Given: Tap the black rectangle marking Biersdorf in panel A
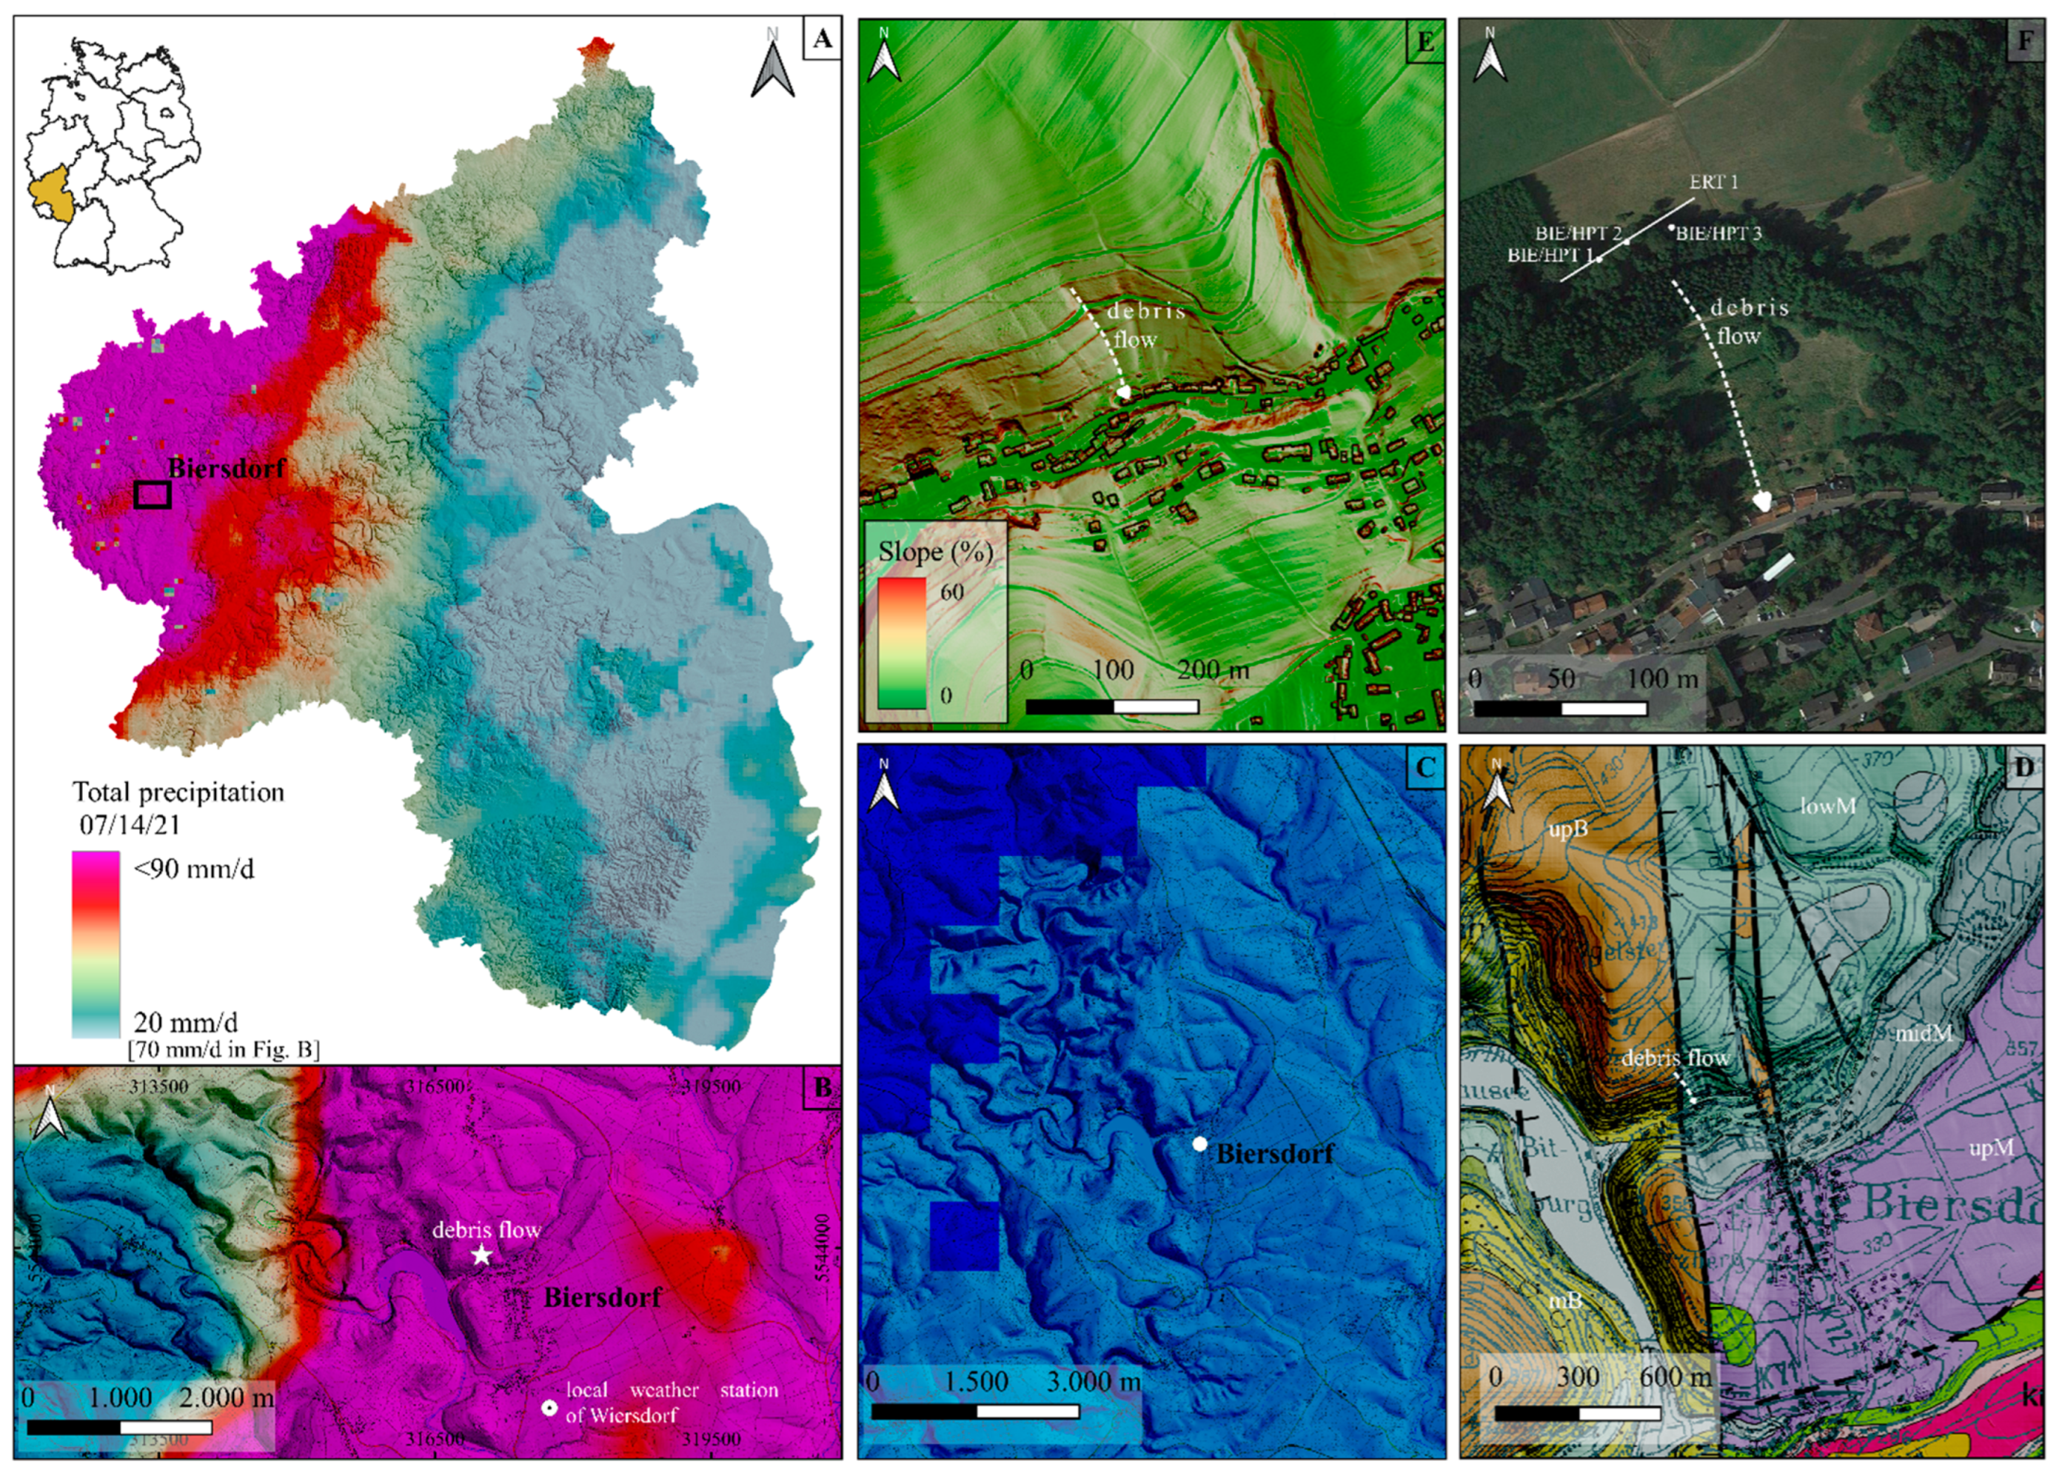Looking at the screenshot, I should [x=153, y=494].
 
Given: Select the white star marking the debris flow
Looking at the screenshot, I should [x=481, y=1255].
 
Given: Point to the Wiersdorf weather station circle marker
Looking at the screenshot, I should [x=549, y=1408].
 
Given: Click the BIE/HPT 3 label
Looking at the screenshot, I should [x=1718, y=233].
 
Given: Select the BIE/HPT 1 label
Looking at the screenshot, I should [x=1550, y=255].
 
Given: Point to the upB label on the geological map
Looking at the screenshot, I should [x=1568, y=828].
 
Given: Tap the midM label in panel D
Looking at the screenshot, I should [x=1924, y=1032].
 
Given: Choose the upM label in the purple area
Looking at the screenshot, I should [x=1991, y=1149].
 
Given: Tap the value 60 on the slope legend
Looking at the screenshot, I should [x=951, y=592].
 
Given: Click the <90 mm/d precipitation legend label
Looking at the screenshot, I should [x=194, y=869].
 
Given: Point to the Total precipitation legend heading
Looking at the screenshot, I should [x=178, y=792].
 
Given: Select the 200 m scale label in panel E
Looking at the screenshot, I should [x=1214, y=670].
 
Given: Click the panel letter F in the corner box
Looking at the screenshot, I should [x=2024, y=41].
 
